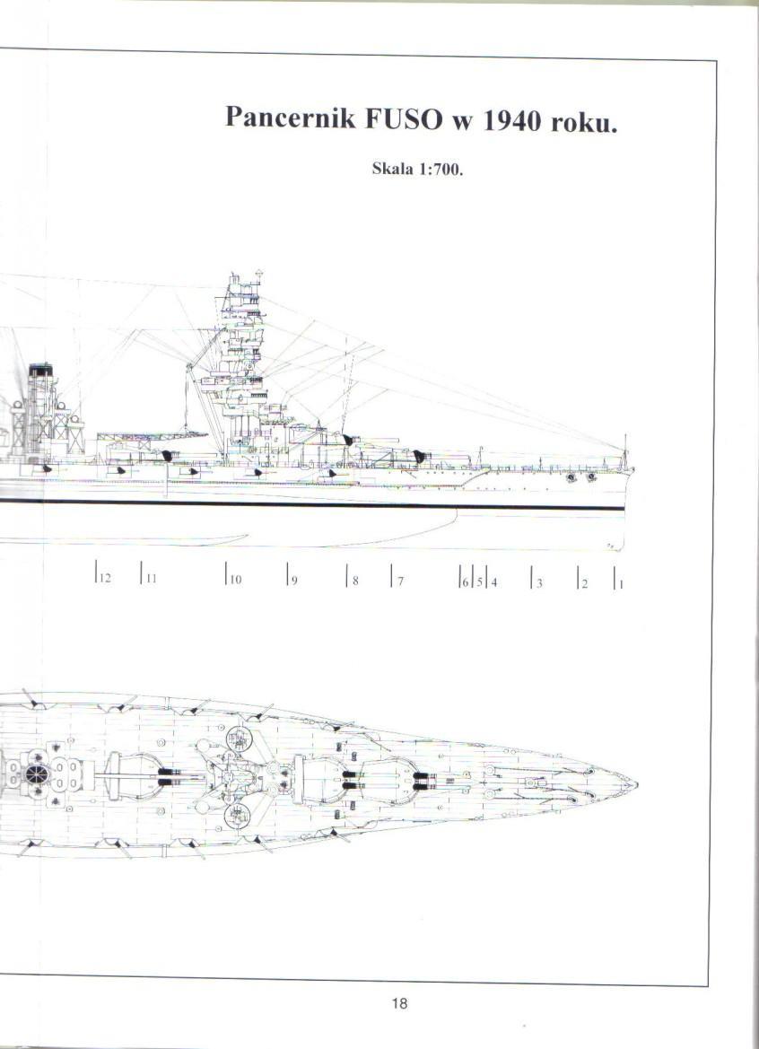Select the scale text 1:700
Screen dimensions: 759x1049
[x=441, y=170]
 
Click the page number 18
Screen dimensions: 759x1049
[x=399, y=1003]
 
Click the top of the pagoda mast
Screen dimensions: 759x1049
[x=258, y=273]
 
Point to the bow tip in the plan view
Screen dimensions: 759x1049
[x=636, y=784]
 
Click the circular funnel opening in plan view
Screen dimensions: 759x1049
[x=37, y=775]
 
